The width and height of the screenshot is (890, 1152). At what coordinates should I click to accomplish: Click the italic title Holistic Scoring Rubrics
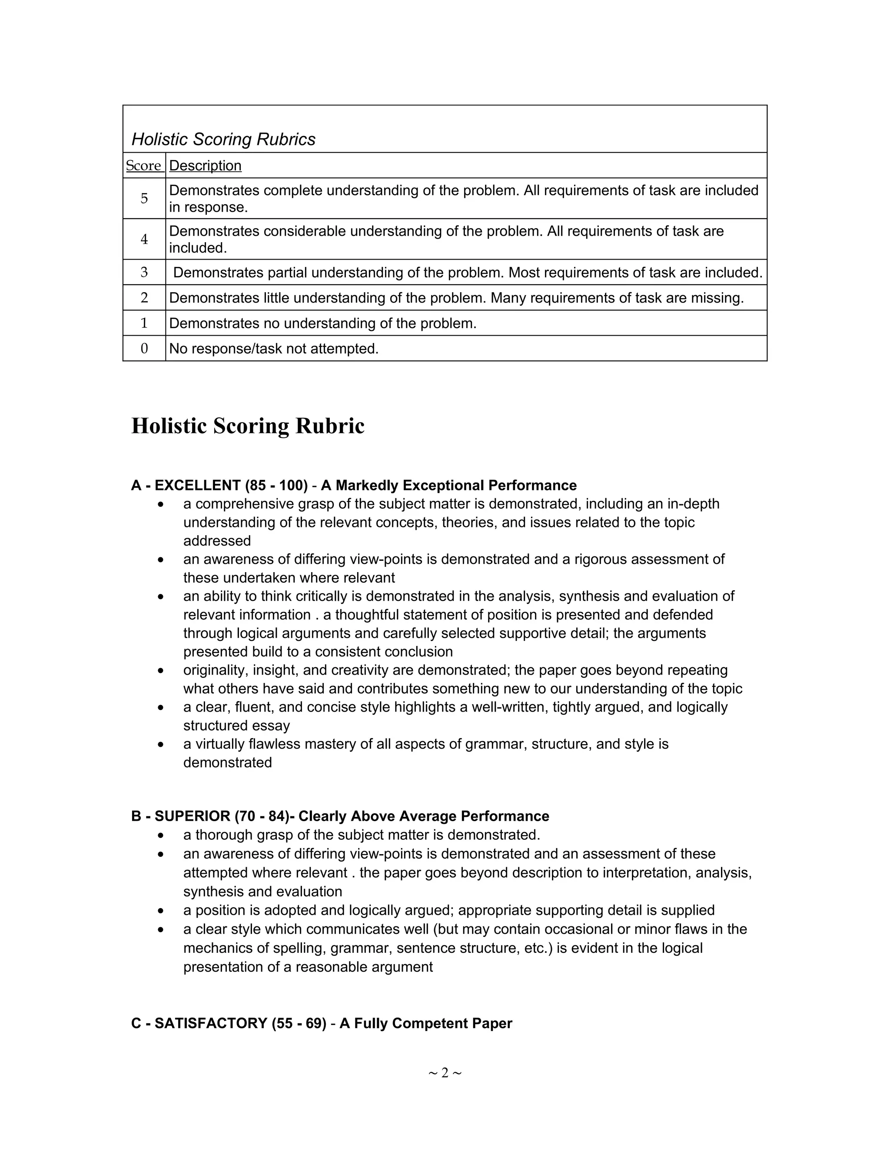point(223,139)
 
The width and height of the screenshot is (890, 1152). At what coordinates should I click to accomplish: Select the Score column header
point(143,166)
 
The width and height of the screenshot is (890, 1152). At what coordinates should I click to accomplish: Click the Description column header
point(205,166)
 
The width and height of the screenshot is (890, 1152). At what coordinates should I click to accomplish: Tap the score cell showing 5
point(144,198)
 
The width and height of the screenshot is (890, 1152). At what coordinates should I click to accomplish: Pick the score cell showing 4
point(144,239)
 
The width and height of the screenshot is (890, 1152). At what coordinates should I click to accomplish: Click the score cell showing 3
point(144,272)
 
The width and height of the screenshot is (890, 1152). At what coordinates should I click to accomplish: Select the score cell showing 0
point(144,349)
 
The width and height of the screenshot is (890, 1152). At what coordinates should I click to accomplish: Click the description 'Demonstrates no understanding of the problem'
point(323,323)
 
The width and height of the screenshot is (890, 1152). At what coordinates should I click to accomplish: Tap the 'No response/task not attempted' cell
point(274,349)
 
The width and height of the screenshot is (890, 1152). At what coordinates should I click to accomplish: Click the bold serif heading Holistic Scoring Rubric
point(247,426)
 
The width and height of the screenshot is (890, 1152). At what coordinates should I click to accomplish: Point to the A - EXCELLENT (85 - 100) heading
point(219,485)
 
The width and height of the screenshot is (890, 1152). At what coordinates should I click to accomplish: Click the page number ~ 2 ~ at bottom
point(445,1073)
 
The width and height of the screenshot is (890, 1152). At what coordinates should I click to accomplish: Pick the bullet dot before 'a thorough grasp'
point(161,836)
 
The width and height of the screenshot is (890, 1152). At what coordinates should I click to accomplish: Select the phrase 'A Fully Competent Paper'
point(425,1023)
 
